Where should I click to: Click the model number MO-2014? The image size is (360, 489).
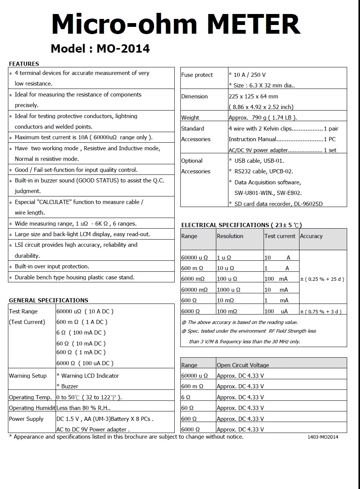tap(123, 48)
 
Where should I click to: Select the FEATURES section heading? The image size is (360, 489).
tap(24, 64)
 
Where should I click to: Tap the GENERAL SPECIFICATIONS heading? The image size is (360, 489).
tap(48, 300)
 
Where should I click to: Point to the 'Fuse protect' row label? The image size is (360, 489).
tap(197, 75)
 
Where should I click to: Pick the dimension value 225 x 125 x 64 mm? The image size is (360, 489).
tap(253, 97)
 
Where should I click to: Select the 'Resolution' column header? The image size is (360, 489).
tap(230, 236)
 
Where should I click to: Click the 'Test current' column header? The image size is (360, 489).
tap(280, 236)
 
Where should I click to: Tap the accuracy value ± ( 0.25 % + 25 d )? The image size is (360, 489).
tap(322, 279)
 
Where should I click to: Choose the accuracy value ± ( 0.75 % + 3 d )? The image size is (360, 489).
tap(321, 311)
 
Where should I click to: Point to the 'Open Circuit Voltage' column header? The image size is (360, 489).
tap(243, 365)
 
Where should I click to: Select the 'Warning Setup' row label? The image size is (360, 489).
tap(28, 376)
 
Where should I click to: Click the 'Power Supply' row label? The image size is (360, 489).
tap(26, 419)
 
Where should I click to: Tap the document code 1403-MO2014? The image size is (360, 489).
tap(323, 437)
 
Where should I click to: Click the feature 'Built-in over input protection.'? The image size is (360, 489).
tap(52, 266)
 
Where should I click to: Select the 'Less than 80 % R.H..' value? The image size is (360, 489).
tap(83, 408)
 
